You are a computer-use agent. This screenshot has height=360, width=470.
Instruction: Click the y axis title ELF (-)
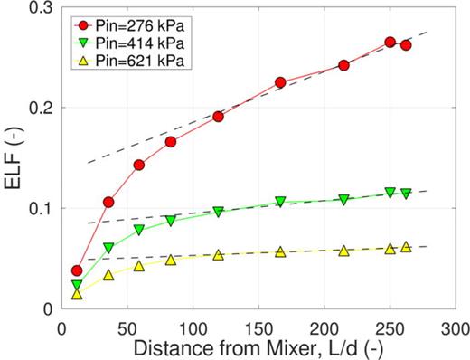15,158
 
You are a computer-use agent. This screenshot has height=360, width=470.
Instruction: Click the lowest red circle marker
77,270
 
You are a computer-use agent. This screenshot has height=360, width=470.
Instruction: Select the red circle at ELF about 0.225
280,82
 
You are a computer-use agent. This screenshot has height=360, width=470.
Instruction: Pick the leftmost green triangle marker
77,285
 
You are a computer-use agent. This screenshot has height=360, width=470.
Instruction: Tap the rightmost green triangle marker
406,194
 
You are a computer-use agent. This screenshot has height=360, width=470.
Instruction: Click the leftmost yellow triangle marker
77,294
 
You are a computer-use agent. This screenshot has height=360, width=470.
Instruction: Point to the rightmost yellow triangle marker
406,246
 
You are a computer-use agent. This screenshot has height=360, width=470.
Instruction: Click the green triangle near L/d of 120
219,212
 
